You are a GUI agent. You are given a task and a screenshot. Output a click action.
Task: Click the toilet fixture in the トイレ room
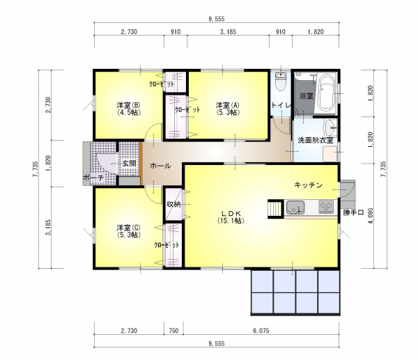[x=281, y=81]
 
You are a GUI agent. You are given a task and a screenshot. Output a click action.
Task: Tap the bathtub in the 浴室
[x=326, y=93]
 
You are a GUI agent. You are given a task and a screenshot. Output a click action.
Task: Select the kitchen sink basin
[x=295, y=207]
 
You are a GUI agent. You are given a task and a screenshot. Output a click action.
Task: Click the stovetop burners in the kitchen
[x=326, y=207]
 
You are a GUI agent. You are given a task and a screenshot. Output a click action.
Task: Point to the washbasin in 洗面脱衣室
[x=331, y=128]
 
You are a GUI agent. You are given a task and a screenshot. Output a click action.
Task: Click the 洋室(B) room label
[x=129, y=109]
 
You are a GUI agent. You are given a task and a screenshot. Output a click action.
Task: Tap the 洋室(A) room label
[x=228, y=109]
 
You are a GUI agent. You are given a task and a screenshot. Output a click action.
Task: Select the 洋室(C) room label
[x=129, y=231]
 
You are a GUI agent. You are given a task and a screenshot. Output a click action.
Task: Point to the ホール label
[x=160, y=166]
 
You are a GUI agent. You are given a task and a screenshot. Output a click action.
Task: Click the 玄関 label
[x=129, y=164]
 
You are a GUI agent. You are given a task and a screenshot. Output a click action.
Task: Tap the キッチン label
[x=309, y=185]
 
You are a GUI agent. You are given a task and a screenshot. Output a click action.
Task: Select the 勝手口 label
[x=353, y=212]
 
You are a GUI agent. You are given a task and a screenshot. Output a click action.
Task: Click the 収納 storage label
[x=173, y=205]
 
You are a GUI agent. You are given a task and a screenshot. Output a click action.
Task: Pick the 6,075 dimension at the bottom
[x=261, y=331]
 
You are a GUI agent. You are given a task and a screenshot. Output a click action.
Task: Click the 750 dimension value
[x=173, y=331]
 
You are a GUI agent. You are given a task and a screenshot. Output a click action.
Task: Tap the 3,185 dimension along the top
[x=228, y=32]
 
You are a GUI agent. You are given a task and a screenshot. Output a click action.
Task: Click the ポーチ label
[x=93, y=178]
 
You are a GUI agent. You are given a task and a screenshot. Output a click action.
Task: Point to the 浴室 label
[x=306, y=95]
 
